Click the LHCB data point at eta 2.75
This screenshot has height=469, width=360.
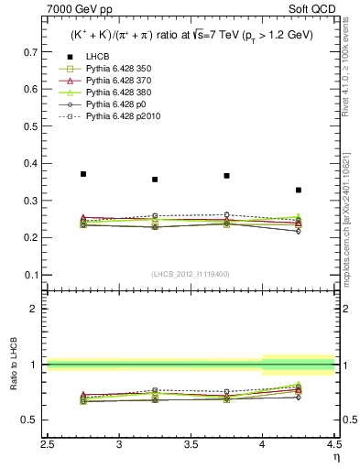pyautogui.click(x=83, y=174)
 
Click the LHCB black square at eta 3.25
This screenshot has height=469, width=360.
pyautogui.click(x=155, y=180)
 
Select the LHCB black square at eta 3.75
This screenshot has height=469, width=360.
pyautogui.click(x=226, y=176)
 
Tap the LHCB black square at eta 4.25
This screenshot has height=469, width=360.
pyautogui.click(x=299, y=191)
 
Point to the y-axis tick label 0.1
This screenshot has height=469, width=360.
pyautogui.click(x=31, y=275)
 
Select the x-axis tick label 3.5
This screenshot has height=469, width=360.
pyautogui.click(x=191, y=445)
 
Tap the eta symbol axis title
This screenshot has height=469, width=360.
pyautogui.click(x=335, y=455)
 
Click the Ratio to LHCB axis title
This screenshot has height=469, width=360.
pyautogui.click(x=13, y=365)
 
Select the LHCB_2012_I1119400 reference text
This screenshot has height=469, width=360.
pyautogui.click(x=191, y=275)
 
